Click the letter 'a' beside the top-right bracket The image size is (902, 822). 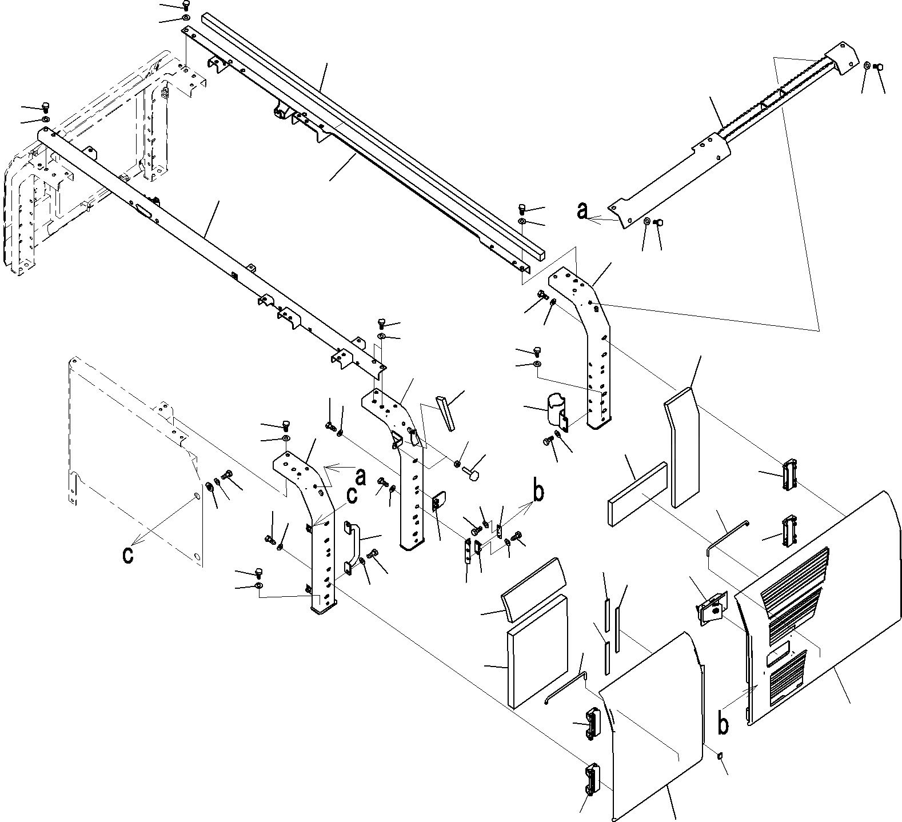point(582,212)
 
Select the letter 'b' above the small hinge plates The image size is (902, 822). point(538,490)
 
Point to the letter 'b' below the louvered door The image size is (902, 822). point(723,724)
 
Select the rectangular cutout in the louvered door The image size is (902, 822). point(778,650)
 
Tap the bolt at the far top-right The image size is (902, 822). point(880,67)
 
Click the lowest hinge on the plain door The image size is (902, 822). point(591,780)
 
